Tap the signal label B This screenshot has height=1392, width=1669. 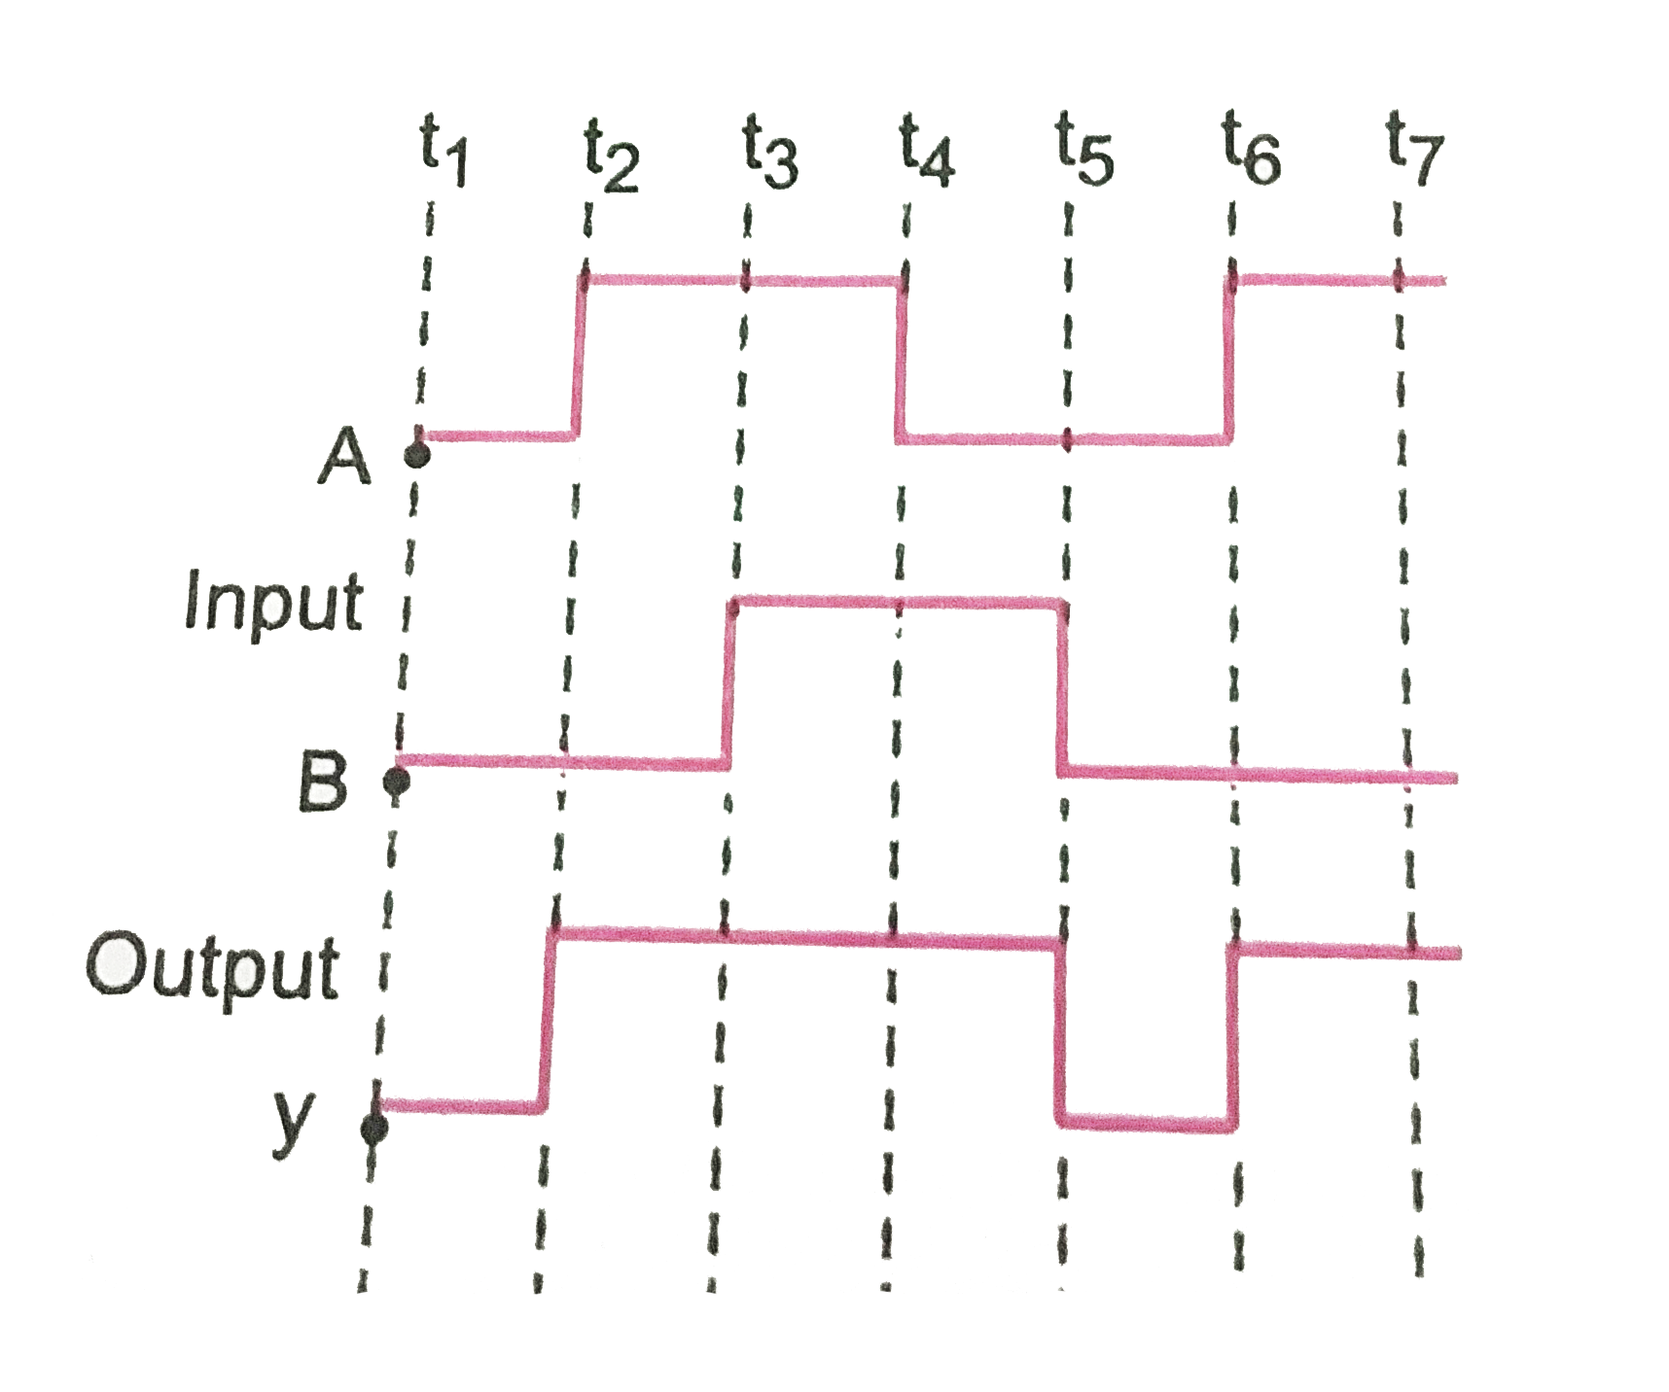pyautogui.click(x=323, y=781)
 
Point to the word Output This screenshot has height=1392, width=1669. pyautogui.click(x=213, y=966)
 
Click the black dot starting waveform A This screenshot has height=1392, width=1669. pyautogui.click(x=416, y=454)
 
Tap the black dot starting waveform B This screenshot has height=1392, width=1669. pyautogui.click(x=395, y=779)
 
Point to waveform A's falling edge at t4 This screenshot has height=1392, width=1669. pyautogui.click(x=902, y=360)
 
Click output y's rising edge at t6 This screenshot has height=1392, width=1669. pyautogui.click(x=1233, y=1036)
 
